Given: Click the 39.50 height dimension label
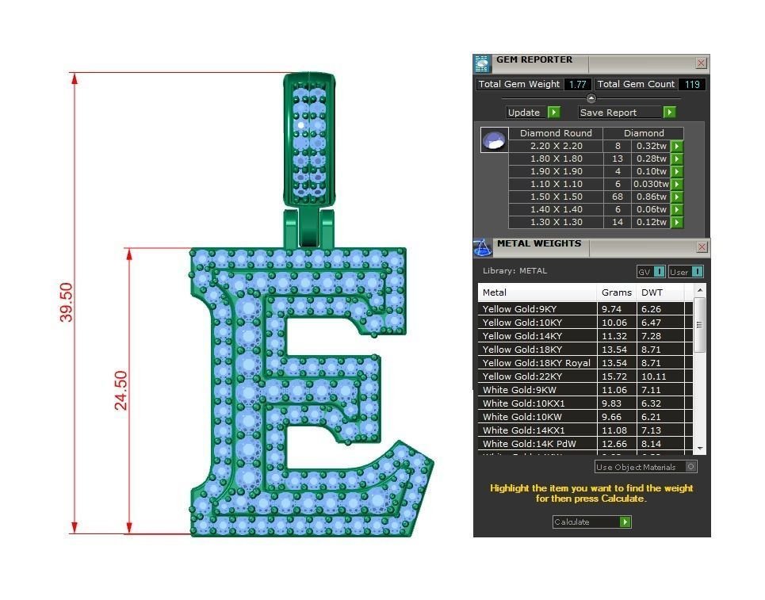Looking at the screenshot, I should [66, 302].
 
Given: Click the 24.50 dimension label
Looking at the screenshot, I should [120, 390].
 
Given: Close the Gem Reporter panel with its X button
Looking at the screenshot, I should [701, 63].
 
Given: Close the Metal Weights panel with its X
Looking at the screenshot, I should [701, 247].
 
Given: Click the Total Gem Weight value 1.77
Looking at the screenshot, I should [577, 84].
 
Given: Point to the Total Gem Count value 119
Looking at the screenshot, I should [691, 84].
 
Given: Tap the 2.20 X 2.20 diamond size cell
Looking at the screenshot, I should [556, 146].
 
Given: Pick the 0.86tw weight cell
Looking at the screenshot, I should [651, 197].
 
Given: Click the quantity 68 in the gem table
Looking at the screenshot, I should [618, 197].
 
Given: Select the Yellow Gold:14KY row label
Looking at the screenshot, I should [522, 336].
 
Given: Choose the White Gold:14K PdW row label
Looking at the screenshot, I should [525, 444].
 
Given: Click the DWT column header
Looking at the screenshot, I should [652, 292].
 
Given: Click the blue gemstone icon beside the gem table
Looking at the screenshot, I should [495, 141].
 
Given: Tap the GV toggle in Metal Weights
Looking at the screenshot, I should [651, 272].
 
